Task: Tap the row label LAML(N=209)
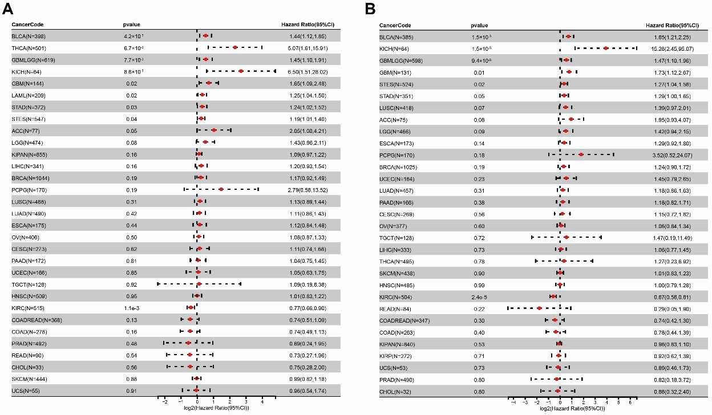click(x=28, y=95)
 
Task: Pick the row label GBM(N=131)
click(x=394, y=72)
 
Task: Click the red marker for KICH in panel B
click(x=605, y=49)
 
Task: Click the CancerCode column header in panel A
click(x=27, y=25)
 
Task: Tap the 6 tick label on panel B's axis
click(x=630, y=401)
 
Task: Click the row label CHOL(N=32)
click(x=395, y=390)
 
